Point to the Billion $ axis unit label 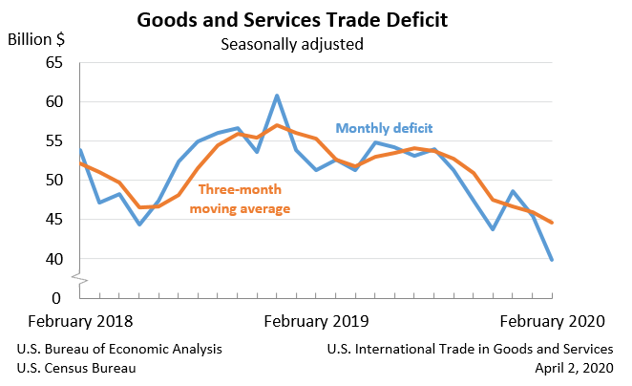coord(37,40)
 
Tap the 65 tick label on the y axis coord(53,63)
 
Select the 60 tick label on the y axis coord(53,102)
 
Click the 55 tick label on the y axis coord(53,141)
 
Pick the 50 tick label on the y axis coord(53,181)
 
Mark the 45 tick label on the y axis coord(53,220)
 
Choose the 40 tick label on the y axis coord(53,259)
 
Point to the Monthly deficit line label coord(384,128)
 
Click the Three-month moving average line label coord(239,198)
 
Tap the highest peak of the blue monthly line coord(277,96)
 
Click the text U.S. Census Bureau coord(76,368)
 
